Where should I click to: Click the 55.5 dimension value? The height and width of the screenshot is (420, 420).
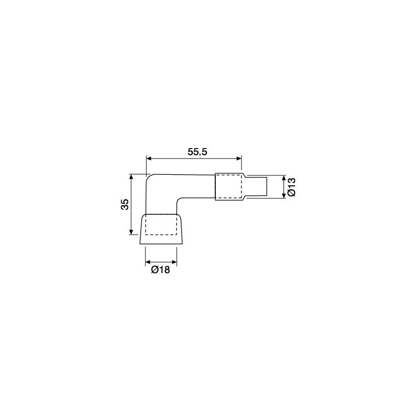pos(198,151)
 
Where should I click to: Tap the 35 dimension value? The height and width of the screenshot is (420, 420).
pos(124,205)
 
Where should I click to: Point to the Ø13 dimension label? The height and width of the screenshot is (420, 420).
pos(292,186)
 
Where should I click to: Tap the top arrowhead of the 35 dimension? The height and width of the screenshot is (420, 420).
pos(130,177)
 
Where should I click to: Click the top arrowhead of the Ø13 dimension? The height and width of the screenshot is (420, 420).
pos(283,178)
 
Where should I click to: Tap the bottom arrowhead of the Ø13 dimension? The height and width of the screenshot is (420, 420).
pos(283,195)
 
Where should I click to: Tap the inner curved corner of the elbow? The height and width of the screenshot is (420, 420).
pos(179,202)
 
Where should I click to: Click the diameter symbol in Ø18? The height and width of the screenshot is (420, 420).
pos(154,270)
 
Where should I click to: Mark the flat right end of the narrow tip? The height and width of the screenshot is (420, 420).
pos(267,186)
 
